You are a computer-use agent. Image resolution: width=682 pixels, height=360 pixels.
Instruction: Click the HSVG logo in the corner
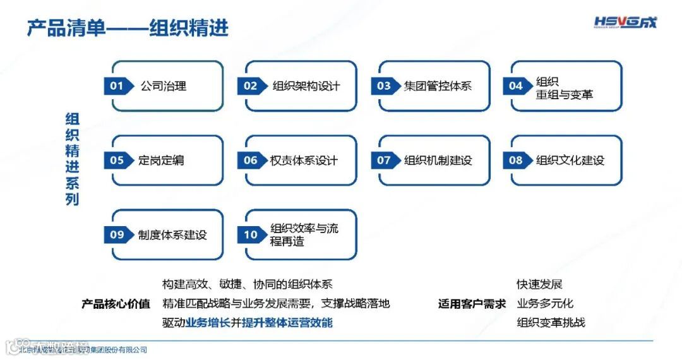pyautogui.click(x=625, y=23)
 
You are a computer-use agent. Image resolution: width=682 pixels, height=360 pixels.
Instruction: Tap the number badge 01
pyautogui.click(x=117, y=86)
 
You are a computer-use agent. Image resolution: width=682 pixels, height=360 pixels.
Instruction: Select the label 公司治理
pyautogui.click(x=164, y=86)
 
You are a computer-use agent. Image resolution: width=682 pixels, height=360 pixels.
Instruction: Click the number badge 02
pyautogui.click(x=251, y=86)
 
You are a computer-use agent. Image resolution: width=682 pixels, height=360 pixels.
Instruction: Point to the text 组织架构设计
pyautogui.click(x=306, y=86)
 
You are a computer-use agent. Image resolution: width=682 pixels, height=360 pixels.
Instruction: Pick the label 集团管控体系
pyautogui.click(x=438, y=86)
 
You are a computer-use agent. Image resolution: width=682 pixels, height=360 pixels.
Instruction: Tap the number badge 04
pyautogui.click(x=516, y=86)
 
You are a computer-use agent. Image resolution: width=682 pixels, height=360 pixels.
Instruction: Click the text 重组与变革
pyautogui.click(x=565, y=95)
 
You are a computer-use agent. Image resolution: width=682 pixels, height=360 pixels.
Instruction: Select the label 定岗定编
pyautogui.click(x=161, y=160)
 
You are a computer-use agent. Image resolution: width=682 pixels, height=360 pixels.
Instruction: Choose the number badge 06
pyautogui.click(x=251, y=160)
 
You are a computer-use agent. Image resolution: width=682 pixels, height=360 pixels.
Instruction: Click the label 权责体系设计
pyautogui.click(x=304, y=160)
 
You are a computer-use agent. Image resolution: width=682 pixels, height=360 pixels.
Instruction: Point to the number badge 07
pyautogui.click(x=384, y=160)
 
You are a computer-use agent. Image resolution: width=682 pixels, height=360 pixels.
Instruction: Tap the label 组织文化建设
pyautogui.click(x=570, y=160)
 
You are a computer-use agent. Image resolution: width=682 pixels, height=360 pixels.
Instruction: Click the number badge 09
pyautogui.click(x=117, y=235)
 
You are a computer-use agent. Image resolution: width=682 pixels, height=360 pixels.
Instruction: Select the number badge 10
pyautogui.click(x=251, y=235)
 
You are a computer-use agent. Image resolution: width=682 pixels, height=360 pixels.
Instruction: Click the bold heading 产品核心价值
pyautogui.click(x=116, y=304)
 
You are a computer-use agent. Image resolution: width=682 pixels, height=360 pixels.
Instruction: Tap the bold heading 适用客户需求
pyautogui.click(x=472, y=304)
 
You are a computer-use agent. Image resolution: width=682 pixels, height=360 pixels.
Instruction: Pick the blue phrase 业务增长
pyautogui.click(x=207, y=323)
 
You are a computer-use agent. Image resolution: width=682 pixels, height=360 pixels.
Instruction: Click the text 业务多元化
pyautogui.click(x=545, y=304)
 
